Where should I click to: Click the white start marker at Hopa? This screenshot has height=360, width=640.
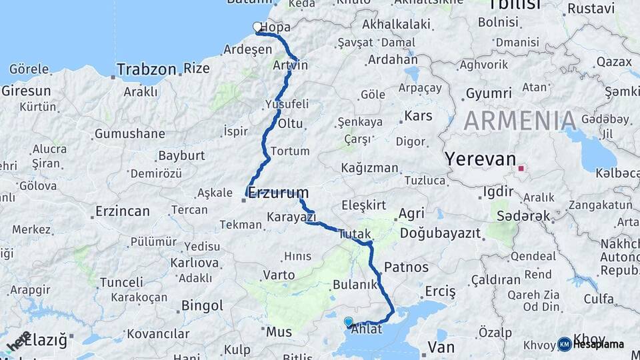[x=257, y=27]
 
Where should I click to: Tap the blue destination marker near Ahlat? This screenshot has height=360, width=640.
[x=348, y=322]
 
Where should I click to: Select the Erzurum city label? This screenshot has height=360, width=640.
[x=279, y=193]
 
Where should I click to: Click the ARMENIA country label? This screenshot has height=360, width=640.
[x=520, y=121]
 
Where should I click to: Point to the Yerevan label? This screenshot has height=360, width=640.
[x=481, y=159]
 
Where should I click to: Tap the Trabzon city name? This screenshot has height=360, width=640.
[x=147, y=69]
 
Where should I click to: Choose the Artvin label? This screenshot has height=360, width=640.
[x=291, y=65]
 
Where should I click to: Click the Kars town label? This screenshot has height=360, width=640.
[x=418, y=116]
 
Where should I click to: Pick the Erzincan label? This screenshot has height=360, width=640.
[x=122, y=211]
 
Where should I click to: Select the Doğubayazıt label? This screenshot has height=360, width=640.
[x=441, y=233]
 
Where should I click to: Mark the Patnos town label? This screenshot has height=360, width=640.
[x=406, y=267]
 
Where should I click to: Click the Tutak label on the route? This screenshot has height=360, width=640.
[x=353, y=234]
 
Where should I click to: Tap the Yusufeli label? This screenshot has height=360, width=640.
[x=287, y=104]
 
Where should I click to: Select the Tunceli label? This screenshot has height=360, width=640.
[x=123, y=282]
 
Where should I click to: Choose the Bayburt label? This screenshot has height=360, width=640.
[x=181, y=156]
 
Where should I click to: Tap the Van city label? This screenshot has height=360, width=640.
[x=441, y=347]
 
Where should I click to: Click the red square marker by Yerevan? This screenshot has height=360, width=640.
[x=521, y=169]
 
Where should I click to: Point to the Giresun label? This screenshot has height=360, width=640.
[x=26, y=91]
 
